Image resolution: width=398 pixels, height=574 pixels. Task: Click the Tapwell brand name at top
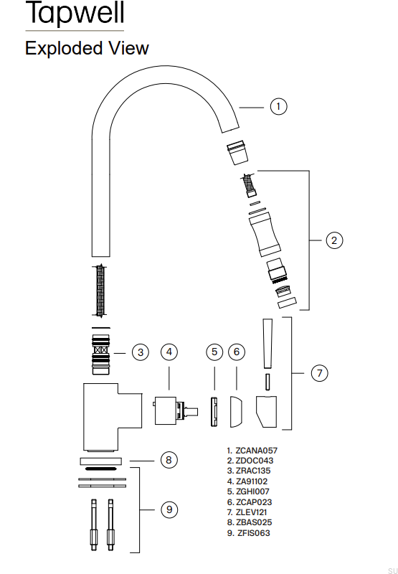tap(75, 13)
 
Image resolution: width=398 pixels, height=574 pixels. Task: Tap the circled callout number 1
tap(279, 106)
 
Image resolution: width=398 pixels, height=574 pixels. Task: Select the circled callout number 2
tap(334, 240)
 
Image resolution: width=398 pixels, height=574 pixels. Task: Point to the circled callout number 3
tap(141, 352)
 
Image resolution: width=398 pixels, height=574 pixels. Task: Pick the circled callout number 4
tap(169, 352)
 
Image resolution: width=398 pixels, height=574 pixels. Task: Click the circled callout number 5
tap(214, 352)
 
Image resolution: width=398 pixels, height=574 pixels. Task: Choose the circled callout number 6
tap(237, 352)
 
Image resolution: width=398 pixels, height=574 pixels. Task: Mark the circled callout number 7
tap(320, 373)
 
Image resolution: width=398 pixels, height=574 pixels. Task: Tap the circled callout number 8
tap(169, 460)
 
